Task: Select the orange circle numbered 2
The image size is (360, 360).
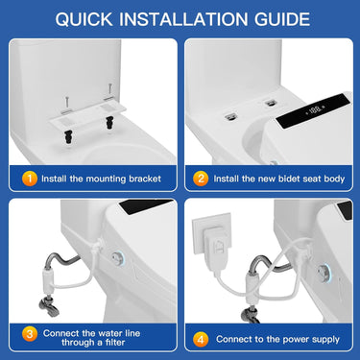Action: [201, 179]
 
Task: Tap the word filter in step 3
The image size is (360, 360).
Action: [103, 342]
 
